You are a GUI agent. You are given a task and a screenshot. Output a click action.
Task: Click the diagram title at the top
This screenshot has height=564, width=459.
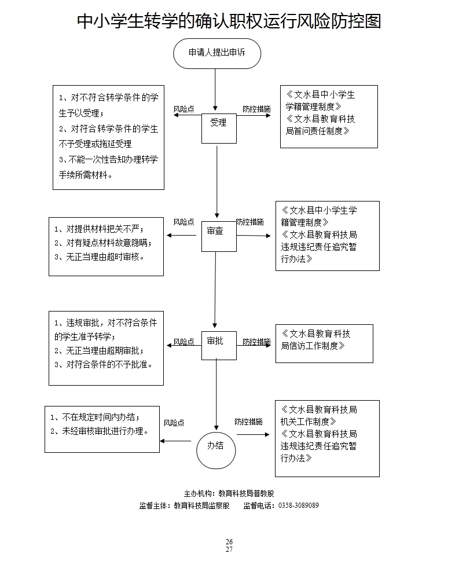[229, 21]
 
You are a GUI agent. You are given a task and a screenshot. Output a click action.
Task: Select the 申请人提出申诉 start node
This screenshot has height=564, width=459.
[216, 53]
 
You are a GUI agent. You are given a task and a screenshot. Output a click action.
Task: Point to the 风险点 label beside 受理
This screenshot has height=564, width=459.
[183, 109]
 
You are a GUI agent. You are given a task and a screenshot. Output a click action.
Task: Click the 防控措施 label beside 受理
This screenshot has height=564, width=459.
[256, 109]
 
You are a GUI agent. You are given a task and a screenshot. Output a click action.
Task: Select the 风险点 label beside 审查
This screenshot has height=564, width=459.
[183, 222]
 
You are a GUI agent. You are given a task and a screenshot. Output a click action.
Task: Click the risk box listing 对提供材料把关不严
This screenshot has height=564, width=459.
[106, 247]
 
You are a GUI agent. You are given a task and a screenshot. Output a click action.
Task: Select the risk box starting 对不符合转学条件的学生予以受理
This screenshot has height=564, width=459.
[108, 136]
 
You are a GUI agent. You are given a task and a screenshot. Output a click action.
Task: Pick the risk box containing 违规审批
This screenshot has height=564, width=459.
[106, 348]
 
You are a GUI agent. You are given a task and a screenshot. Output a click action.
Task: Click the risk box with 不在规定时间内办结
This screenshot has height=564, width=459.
[102, 429]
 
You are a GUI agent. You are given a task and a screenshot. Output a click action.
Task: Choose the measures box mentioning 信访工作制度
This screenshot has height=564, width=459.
[324, 343]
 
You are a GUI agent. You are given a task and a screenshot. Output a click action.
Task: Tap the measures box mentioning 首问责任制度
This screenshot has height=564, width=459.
[329, 116]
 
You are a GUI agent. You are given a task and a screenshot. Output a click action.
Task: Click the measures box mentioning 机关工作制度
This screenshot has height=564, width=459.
[327, 438]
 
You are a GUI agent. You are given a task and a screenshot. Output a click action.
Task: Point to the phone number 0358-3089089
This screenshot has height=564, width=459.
[299, 506]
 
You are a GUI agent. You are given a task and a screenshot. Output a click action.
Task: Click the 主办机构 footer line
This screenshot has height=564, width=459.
[229, 493]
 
